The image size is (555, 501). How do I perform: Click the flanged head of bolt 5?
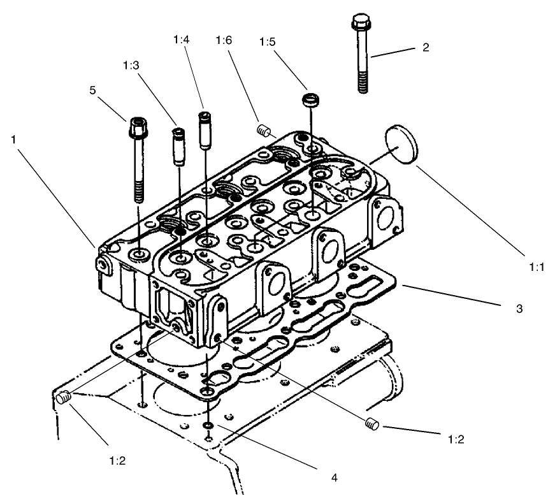[138, 125]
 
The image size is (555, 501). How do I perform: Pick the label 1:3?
[130, 64]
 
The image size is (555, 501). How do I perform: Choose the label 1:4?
[181, 40]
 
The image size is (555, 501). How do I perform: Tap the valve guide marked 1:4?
[205, 129]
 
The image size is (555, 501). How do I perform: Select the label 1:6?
[224, 40]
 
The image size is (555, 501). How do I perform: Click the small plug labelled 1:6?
[262, 131]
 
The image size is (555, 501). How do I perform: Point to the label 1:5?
[268, 43]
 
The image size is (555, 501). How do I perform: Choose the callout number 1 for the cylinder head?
[14, 138]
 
